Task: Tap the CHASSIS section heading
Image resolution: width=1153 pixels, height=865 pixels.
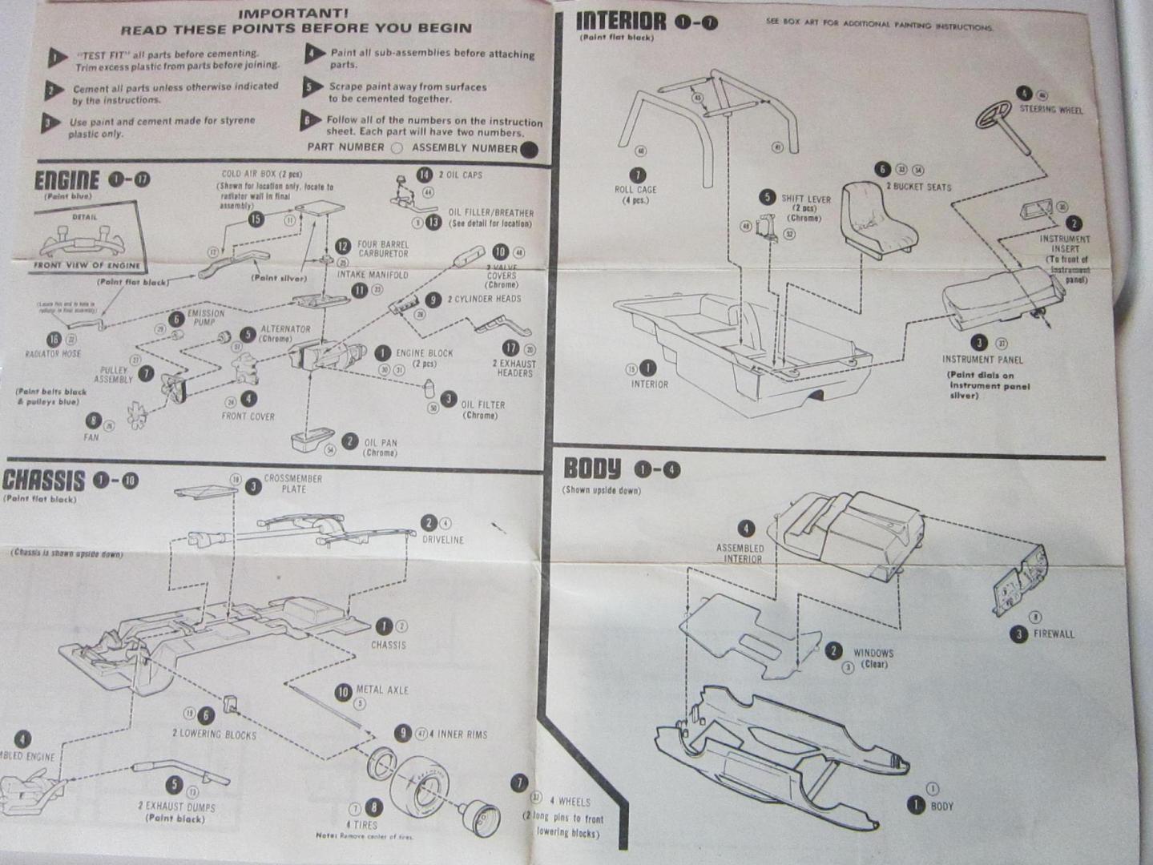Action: pyautogui.click(x=43, y=481)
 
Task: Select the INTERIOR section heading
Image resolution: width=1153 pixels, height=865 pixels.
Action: pyautogui.click(x=621, y=22)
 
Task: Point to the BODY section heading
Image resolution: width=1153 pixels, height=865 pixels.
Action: pyautogui.click(x=592, y=469)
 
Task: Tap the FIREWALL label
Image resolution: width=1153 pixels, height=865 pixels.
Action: pyautogui.click(x=1054, y=634)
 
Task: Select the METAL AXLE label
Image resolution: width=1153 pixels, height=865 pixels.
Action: pyautogui.click(x=382, y=690)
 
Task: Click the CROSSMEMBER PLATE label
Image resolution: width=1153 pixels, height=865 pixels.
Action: pyautogui.click(x=293, y=483)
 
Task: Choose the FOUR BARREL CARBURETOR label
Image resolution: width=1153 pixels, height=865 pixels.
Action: pyautogui.click(x=383, y=249)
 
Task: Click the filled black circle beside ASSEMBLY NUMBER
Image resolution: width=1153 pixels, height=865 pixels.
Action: pyautogui.click(x=528, y=149)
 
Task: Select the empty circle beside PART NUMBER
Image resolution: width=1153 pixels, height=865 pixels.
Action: pyautogui.click(x=397, y=148)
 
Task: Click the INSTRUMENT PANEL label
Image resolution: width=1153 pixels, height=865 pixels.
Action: pyautogui.click(x=982, y=360)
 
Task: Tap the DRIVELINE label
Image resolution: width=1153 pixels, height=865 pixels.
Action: pyautogui.click(x=443, y=539)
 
